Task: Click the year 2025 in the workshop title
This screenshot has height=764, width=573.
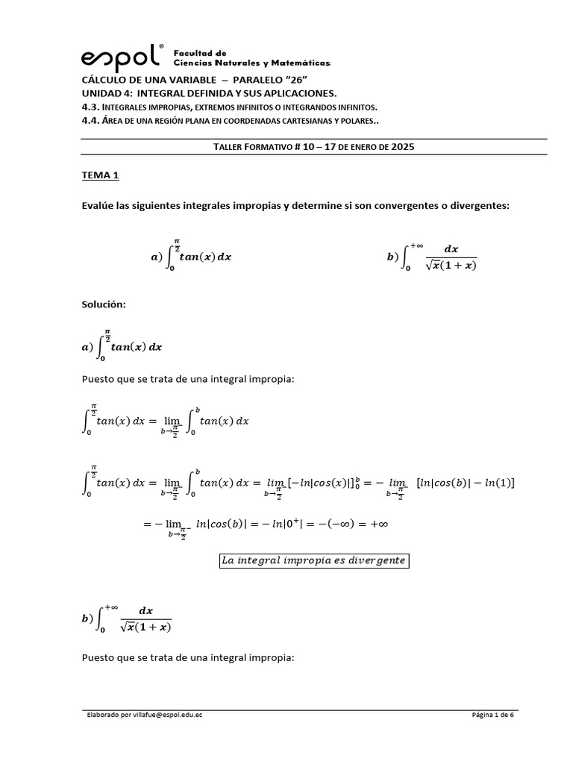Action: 402,147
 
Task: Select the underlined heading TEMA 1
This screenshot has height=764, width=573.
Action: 100,176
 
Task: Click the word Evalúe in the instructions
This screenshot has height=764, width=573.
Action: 98,205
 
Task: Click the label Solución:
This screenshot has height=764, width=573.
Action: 104,305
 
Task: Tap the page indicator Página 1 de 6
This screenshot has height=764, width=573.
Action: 493,715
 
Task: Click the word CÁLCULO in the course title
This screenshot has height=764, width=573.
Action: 107,81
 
